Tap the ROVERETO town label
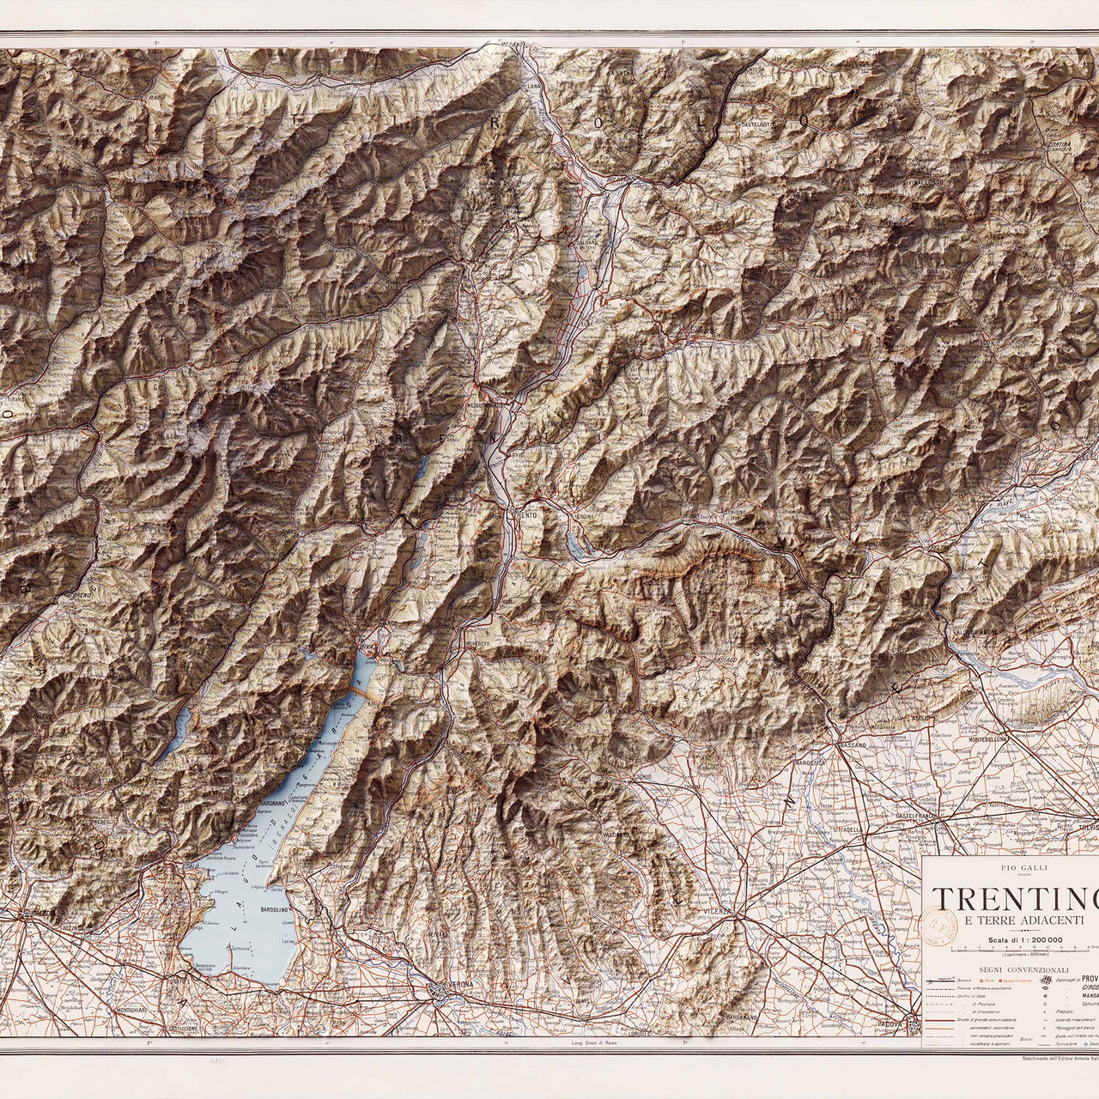477,644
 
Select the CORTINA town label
1058,146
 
